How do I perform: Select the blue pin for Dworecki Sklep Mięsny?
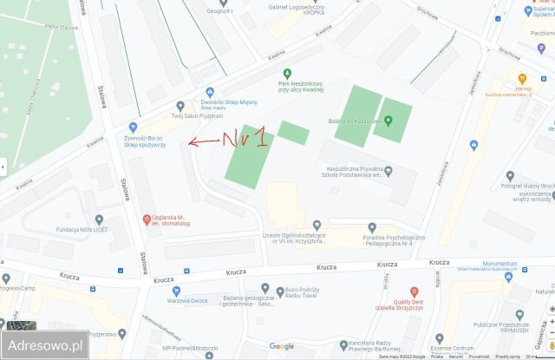[x=209, y=92]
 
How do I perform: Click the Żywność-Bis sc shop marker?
[x=133, y=127]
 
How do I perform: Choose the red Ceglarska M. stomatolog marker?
[x=147, y=218]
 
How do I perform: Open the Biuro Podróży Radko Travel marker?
[x=279, y=291]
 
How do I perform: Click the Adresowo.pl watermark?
[x=44, y=344]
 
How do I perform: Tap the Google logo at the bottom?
[x=281, y=346]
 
